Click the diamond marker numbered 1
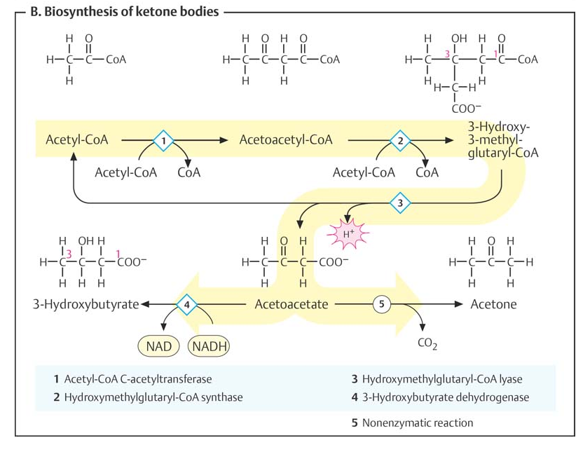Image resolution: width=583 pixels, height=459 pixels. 163,140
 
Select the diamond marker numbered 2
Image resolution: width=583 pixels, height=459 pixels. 400,140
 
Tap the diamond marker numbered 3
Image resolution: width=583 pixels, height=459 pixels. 400,203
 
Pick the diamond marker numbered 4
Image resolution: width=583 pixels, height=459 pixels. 187,305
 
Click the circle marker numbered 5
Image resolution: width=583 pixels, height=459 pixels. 382,305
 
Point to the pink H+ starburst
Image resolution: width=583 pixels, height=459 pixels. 348,232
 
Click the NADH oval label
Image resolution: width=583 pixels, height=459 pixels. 210,345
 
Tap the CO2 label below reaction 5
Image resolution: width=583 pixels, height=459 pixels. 427,343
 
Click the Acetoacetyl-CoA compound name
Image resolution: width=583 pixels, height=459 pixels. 286,139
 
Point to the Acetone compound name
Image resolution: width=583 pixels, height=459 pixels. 493,305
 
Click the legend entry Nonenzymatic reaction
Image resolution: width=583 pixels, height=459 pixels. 417,423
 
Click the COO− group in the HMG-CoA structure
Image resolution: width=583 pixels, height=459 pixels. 467,109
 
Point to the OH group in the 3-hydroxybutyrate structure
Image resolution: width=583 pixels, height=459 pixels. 85,242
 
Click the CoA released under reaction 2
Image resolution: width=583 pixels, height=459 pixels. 427,172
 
